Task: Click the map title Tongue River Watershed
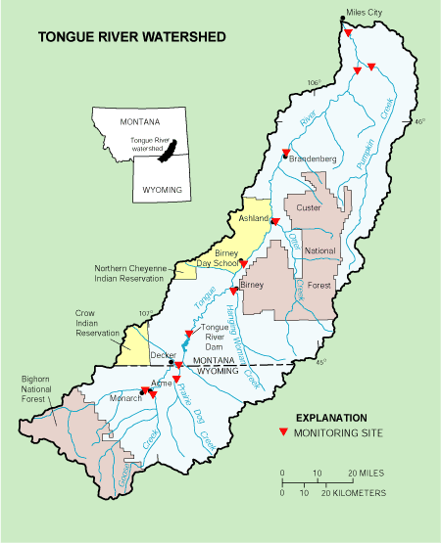131,38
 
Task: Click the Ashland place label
254,218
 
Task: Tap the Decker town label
162,356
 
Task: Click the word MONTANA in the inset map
139,122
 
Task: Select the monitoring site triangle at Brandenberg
285,153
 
